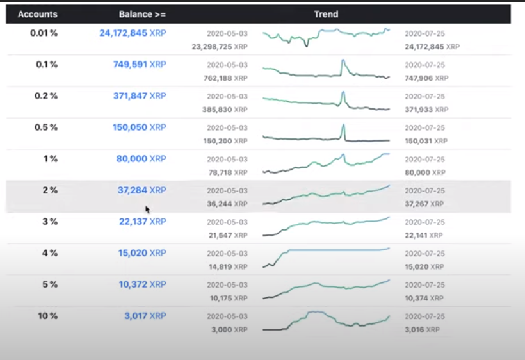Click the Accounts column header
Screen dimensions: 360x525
(37, 14)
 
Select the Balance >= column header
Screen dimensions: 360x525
(142, 14)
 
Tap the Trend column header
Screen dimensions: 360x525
(326, 14)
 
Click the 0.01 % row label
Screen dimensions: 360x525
(44, 33)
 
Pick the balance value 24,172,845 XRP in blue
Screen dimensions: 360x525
(133, 33)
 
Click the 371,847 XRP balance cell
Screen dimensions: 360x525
(139, 96)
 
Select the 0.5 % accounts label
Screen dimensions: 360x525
(46, 127)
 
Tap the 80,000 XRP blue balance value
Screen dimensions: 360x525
(141, 159)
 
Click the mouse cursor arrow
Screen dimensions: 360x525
(147, 209)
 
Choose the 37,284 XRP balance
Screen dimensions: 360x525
(141, 190)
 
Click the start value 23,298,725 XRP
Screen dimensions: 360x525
(220, 47)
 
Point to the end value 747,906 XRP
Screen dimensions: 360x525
(425, 78)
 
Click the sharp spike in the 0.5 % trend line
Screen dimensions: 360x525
(344, 126)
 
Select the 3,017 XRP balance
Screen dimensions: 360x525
(145, 316)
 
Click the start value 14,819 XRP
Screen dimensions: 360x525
(227, 267)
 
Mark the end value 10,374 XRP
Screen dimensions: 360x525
(425, 299)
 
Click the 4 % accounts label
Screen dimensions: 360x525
(50, 253)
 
